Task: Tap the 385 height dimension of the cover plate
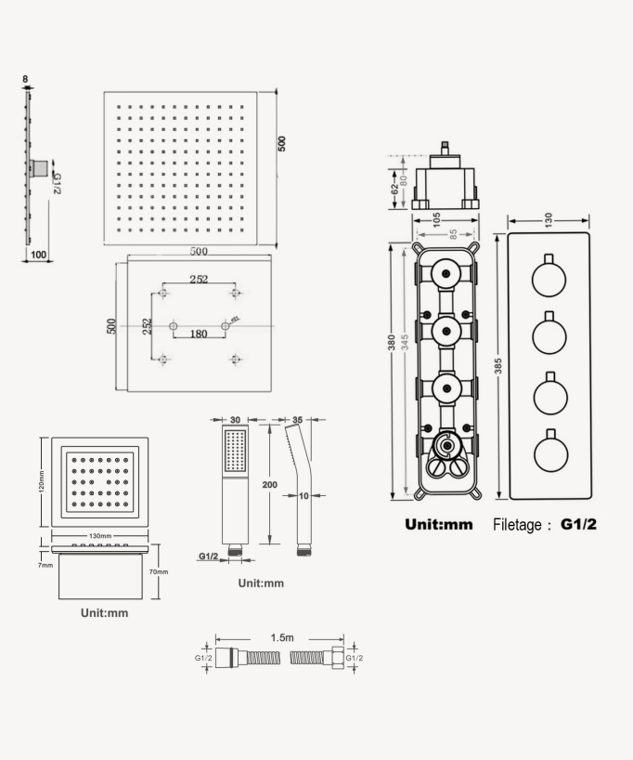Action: (499, 367)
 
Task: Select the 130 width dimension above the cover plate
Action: (549, 218)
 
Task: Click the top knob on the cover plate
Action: (549, 278)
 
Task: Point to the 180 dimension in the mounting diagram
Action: (199, 334)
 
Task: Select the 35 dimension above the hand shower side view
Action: (298, 419)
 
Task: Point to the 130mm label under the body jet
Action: (99, 537)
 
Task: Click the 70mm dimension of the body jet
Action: (159, 572)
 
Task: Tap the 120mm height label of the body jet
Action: (42, 481)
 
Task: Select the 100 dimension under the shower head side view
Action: (39, 254)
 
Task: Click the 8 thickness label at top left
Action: (26, 80)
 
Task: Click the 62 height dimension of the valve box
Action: (394, 188)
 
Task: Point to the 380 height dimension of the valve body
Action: (392, 345)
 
